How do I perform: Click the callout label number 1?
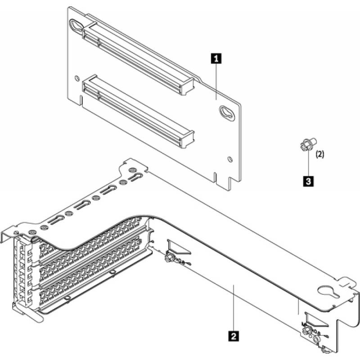click(x=217, y=58)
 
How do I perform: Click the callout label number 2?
click(x=233, y=335)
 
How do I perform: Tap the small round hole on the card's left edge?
click(x=80, y=76)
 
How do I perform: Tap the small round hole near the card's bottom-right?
click(x=230, y=158)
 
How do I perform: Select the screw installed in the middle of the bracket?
click(x=169, y=258)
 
